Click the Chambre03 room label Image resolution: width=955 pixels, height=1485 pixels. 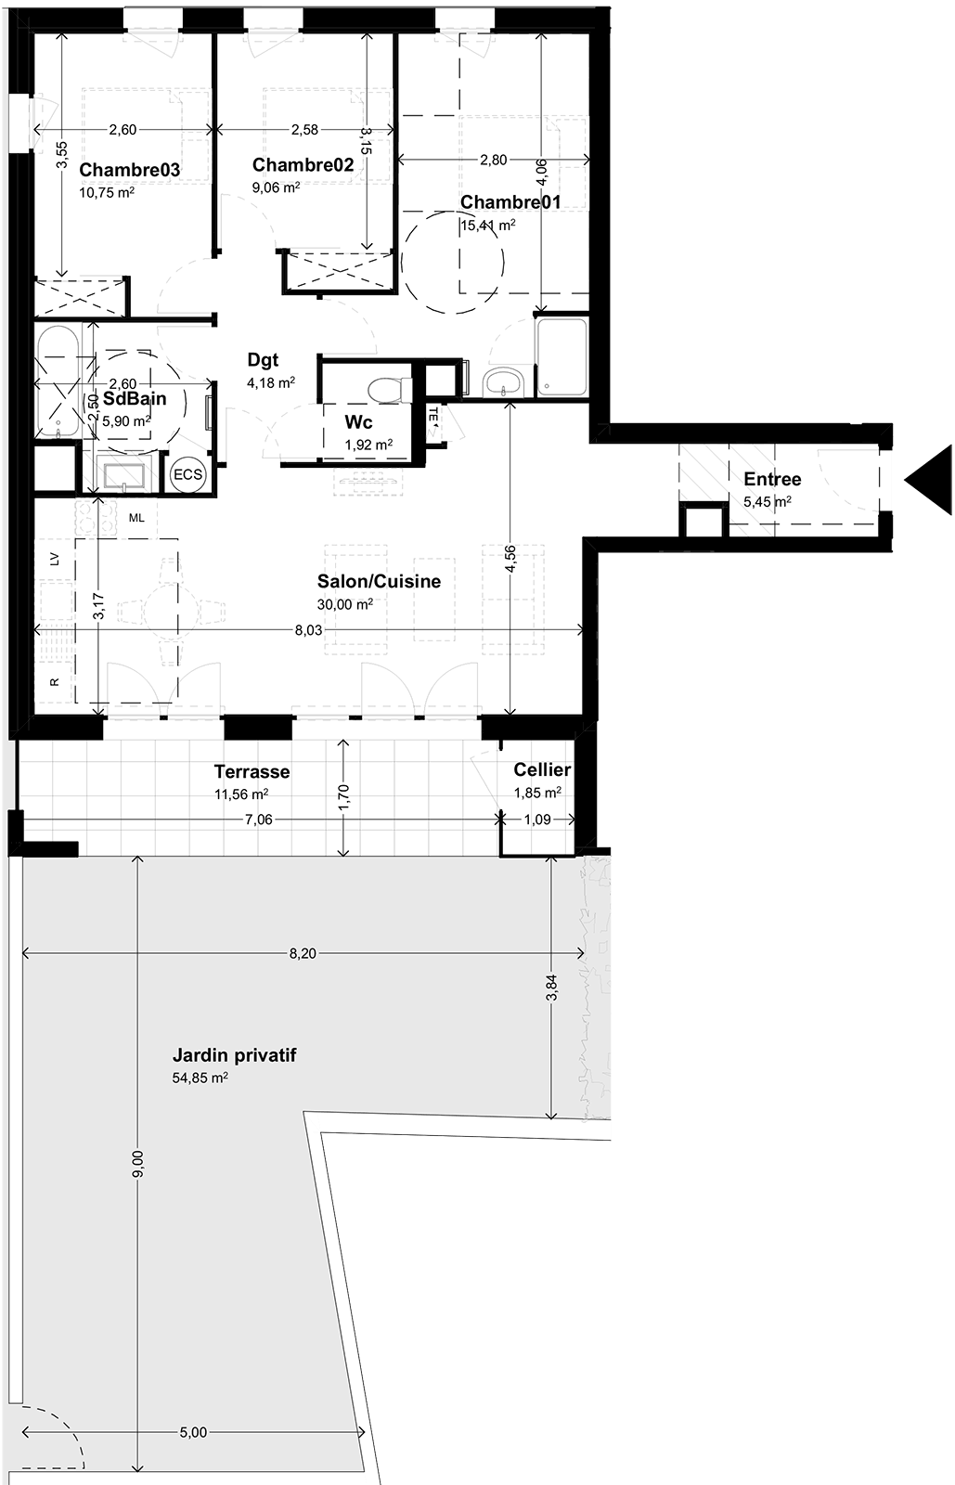(129, 171)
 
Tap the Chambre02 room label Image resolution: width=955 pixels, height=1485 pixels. (303, 165)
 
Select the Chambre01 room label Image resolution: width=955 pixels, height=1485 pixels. (510, 202)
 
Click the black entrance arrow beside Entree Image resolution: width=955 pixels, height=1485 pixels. (928, 480)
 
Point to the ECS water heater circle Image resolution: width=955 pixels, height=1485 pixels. (187, 474)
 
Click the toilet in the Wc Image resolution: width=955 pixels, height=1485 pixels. (390, 389)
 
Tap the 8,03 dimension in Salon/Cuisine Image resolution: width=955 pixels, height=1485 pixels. (309, 630)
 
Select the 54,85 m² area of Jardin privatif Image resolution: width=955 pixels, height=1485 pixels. (200, 1078)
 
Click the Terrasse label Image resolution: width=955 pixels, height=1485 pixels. (252, 771)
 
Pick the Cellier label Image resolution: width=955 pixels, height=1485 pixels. (542, 769)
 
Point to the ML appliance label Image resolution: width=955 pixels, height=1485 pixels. (136, 518)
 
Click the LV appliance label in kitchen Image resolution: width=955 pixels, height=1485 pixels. (55, 559)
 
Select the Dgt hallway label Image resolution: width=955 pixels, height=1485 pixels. (263, 360)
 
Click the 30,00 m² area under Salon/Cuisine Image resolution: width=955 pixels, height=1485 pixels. (344, 604)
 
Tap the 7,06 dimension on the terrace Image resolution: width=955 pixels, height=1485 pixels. (258, 820)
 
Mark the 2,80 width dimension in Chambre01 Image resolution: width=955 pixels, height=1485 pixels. (494, 160)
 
